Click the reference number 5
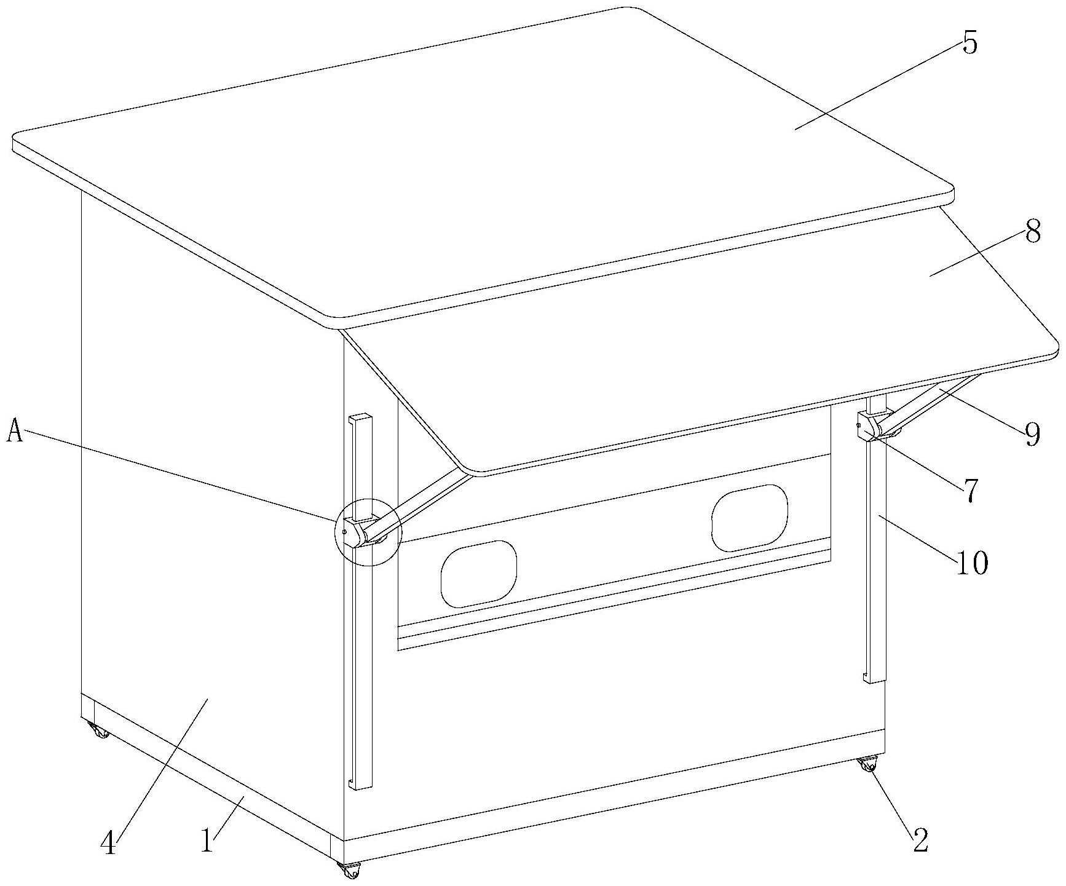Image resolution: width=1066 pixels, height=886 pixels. click(969, 44)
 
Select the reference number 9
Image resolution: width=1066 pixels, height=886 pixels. click(1033, 434)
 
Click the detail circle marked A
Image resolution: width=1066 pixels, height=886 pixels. click(367, 531)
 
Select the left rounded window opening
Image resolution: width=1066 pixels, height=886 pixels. click(478, 574)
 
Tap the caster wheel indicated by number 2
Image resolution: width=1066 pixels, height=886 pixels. click(867, 766)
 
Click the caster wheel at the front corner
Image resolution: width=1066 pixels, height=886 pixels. click(349, 871)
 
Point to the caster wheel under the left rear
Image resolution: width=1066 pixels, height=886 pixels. click(98, 732)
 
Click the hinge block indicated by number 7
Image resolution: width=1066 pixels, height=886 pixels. click(868, 427)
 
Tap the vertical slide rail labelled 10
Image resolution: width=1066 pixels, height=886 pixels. click(875, 553)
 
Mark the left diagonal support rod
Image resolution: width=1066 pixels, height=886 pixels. click(418, 502)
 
